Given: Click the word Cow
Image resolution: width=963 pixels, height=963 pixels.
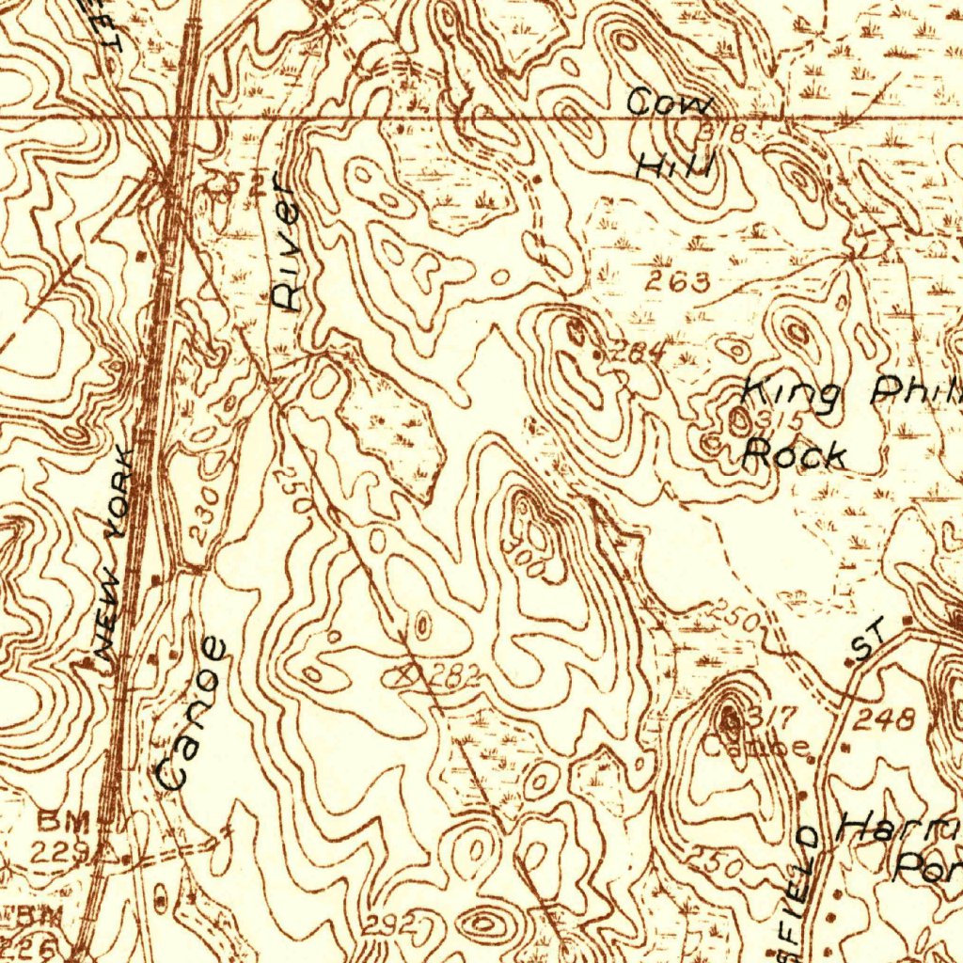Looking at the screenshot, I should point(671,103).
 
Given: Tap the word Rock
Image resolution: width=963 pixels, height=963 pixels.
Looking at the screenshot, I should point(794,455).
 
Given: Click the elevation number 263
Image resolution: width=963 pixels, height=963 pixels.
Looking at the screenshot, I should point(677,280).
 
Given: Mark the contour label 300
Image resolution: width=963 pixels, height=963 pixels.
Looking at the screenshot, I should point(520,556).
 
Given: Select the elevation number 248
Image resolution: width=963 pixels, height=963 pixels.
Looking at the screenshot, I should point(884,720).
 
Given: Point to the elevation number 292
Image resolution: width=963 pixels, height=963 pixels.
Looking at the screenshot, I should point(391,924).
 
